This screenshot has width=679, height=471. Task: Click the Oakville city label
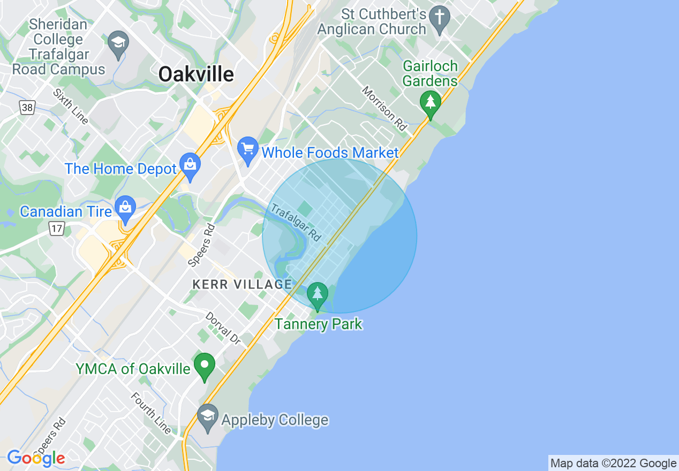point(196,74)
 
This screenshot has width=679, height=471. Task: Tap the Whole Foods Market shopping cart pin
point(248,150)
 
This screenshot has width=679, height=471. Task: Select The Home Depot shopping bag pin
point(190,166)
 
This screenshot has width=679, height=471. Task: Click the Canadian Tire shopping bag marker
point(125,209)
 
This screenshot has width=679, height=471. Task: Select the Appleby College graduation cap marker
point(207,417)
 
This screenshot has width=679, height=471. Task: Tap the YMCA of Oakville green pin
point(204,367)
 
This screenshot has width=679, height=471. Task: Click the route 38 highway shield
point(27,108)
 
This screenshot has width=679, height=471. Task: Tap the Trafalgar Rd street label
point(296,223)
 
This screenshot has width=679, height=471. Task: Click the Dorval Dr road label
point(223,328)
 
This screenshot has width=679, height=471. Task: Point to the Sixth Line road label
point(70,106)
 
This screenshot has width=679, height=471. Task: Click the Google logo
point(36,458)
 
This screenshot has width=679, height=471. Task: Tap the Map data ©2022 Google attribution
point(613,464)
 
